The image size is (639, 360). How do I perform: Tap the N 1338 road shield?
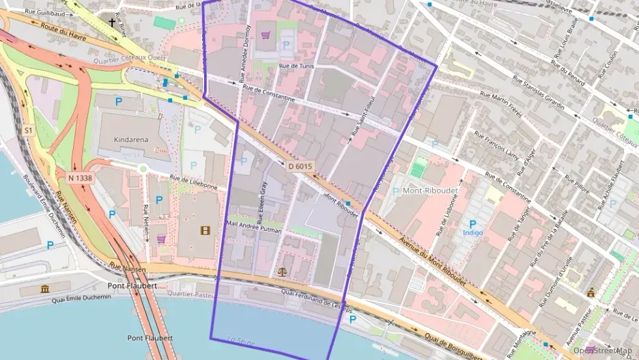(80, 178)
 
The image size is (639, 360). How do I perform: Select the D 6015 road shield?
(300, 166)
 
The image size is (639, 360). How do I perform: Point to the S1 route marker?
(28, 130)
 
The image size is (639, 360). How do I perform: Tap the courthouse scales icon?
(283, 271)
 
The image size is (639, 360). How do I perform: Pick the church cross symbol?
(112, 23)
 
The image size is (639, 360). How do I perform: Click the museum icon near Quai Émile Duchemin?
(46, 289)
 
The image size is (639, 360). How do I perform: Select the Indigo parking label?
(472, 232)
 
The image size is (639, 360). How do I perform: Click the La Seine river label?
(240, 340)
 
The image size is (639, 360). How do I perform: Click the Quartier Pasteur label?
(195, 294)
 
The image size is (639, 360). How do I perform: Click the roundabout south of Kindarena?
(143, 168)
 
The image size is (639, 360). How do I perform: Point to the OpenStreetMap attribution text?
(602, 350)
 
